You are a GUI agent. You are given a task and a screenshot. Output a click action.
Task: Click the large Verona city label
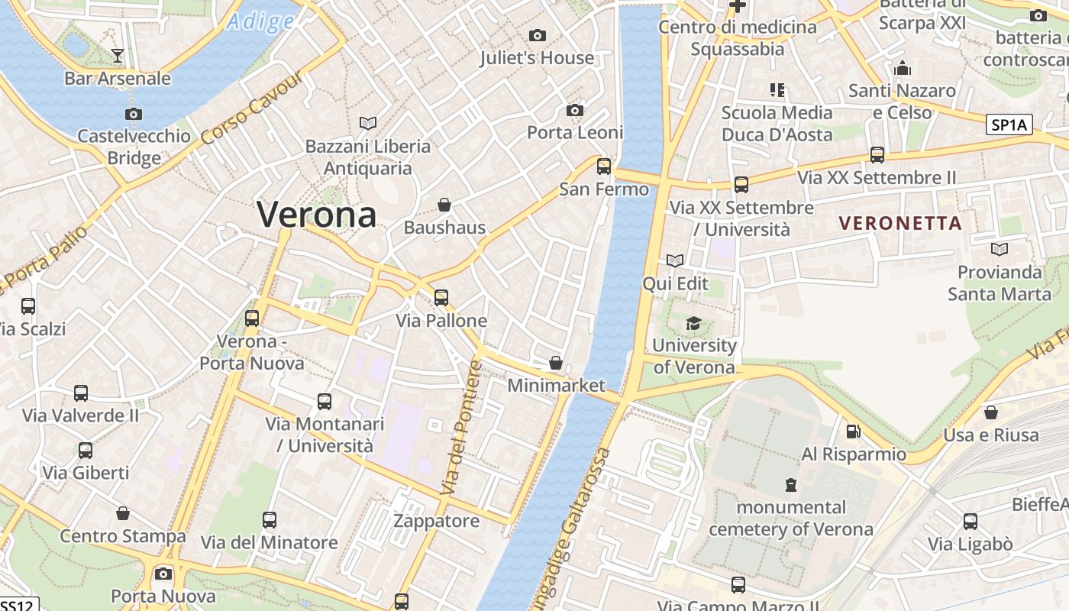point(316,215)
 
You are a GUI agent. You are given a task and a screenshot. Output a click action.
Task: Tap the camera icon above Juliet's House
point(538,35)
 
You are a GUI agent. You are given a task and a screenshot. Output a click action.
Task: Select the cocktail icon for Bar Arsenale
point(118,55)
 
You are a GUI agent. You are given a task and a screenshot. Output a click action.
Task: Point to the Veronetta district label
point(899,223)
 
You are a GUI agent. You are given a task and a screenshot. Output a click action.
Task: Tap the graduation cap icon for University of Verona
point(693,324)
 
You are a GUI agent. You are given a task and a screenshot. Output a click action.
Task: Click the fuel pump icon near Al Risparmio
point(853,432)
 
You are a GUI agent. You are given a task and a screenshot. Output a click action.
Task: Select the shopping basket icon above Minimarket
point(556,363)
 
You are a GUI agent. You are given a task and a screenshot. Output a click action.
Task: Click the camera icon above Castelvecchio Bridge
point(134,114)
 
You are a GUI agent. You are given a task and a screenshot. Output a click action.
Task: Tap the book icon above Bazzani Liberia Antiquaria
point(368,123)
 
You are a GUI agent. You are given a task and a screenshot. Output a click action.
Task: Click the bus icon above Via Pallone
point(441,298)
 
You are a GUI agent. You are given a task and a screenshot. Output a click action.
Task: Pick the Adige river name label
point(260,21)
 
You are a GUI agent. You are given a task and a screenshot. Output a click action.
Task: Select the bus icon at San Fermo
point(604,166)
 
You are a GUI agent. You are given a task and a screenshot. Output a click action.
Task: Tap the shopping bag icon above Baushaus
point(444,205)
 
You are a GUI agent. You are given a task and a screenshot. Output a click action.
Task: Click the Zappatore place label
point(436,521)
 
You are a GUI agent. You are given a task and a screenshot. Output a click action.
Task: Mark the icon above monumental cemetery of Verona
point(791,484)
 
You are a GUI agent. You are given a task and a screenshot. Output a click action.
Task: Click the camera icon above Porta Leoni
point(575,111)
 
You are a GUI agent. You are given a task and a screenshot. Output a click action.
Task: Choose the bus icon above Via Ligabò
point(970,522)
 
